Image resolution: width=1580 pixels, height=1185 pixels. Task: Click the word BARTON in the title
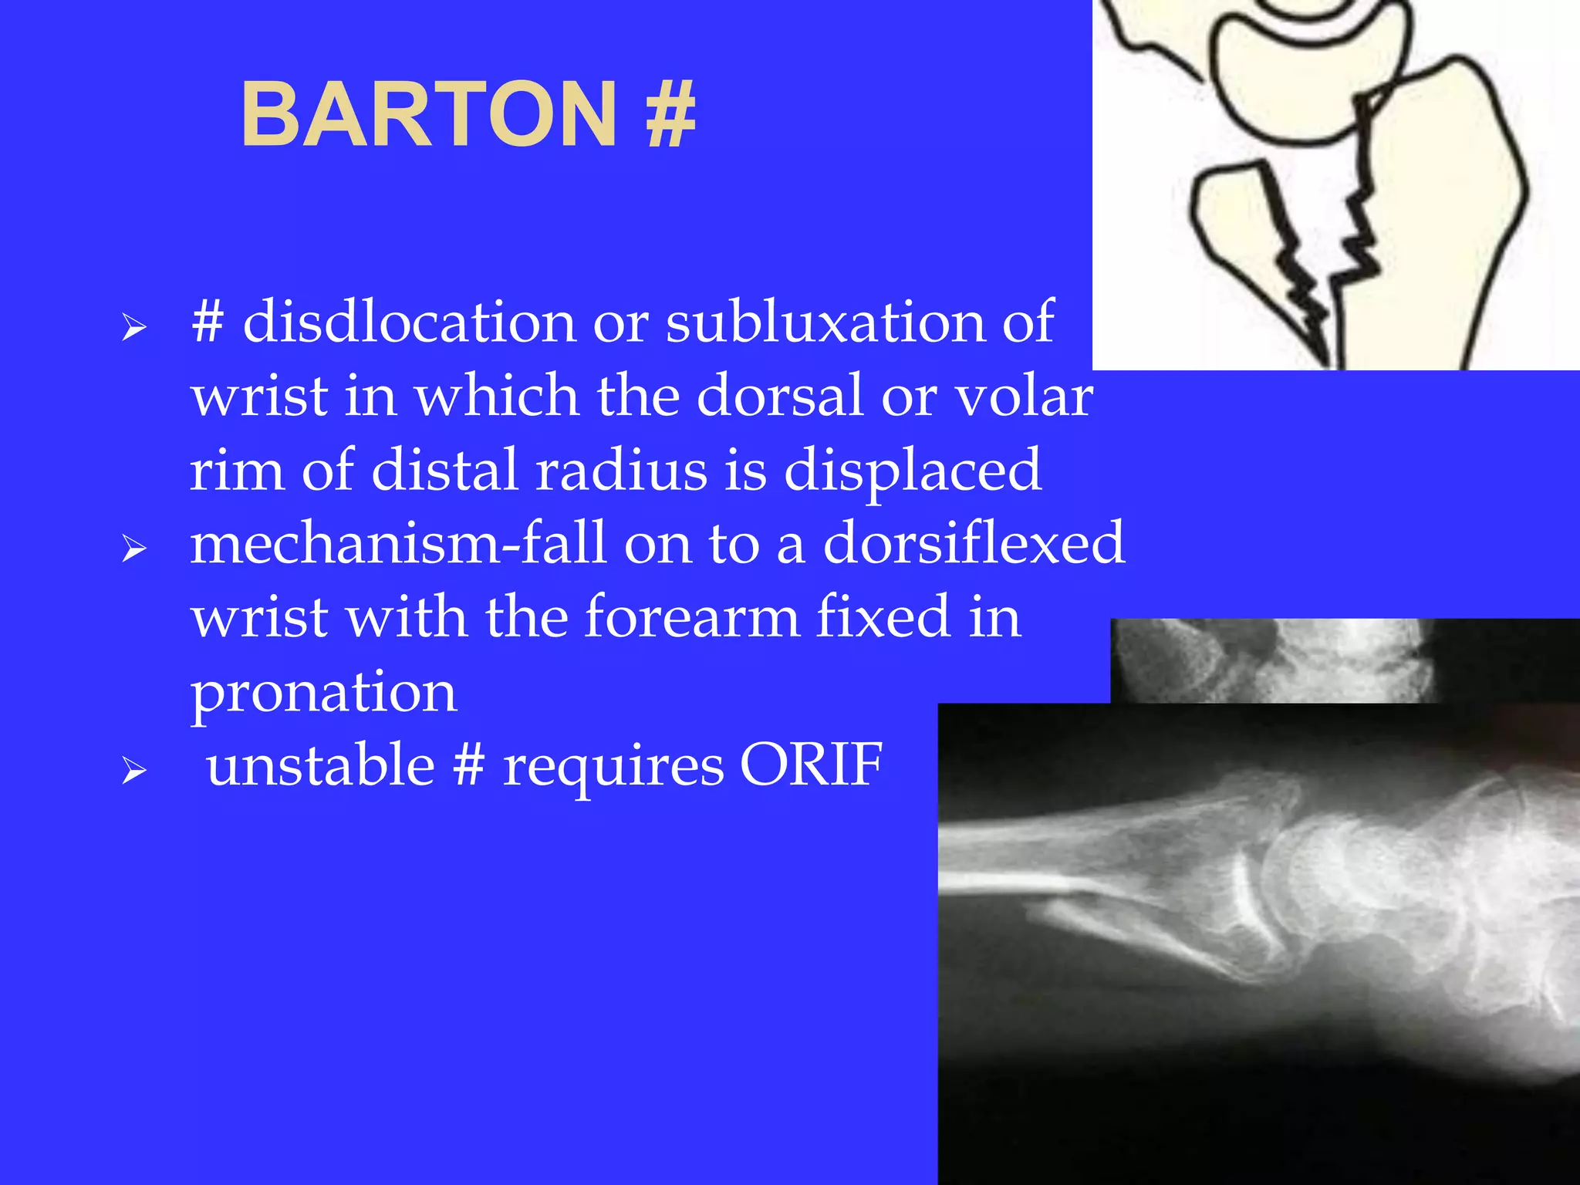click(429, 116)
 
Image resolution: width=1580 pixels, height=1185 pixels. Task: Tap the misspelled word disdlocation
click(409, 322)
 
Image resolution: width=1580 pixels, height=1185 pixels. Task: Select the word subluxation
click(825, 322)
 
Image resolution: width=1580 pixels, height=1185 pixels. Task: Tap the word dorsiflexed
click(974, 543)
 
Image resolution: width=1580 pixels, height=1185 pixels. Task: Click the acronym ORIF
click(811, 765)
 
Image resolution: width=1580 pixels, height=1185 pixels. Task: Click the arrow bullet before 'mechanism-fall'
click(134, 549)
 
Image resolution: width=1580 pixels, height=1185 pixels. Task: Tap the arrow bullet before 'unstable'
click(134, 771)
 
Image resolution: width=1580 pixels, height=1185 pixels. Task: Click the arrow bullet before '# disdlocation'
click(134, 328)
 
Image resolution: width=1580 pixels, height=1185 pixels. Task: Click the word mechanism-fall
click(398, 543)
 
